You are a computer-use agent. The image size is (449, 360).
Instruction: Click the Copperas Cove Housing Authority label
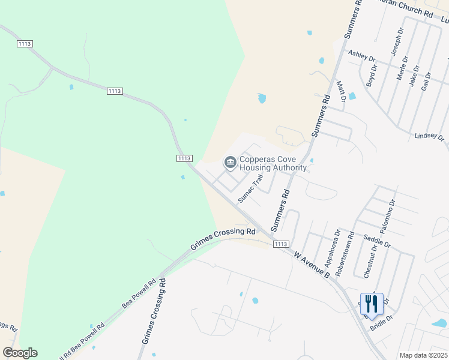(x=273, y=164)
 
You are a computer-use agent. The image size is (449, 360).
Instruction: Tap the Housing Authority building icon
(x=230, y=163)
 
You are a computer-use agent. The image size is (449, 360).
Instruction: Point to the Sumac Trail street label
(x=251, y=188)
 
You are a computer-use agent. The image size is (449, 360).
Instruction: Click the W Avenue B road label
(x=312, y=264)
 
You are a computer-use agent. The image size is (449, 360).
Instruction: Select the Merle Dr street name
(x=402, y=68)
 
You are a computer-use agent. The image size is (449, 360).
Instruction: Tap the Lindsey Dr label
(x=429, y=137)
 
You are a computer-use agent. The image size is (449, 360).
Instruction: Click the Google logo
(x=20, y=353)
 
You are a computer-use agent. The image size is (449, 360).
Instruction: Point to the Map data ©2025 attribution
(x=423, y=355)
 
